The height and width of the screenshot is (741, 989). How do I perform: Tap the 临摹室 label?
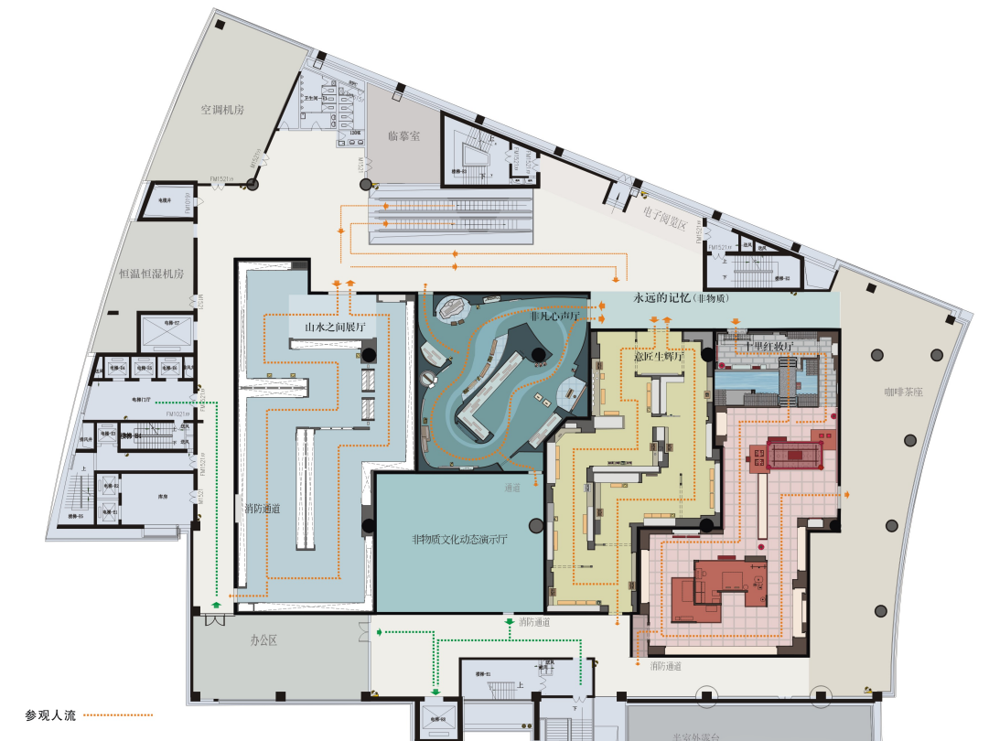point(403,135)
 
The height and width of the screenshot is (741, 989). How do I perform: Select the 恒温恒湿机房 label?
point(152,274)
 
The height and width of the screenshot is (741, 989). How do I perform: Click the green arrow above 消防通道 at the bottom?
point(509,622)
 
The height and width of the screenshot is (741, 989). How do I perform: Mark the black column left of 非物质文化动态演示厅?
point(368,526)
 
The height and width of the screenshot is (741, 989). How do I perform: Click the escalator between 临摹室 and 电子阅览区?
point(450,212)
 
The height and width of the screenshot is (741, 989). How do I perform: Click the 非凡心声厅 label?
point(555,316)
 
